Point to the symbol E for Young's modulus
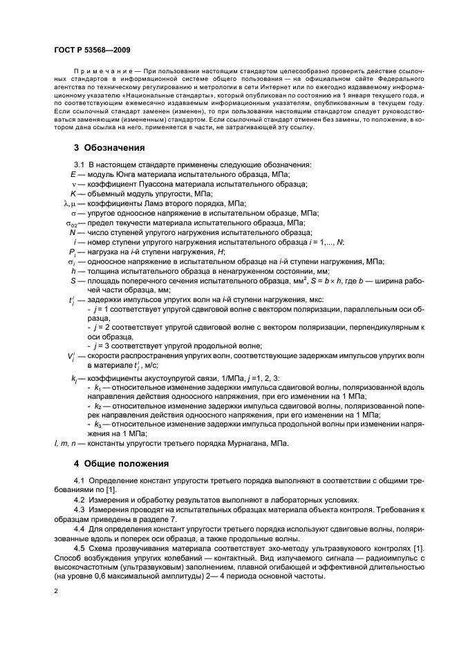73,175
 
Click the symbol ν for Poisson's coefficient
73,185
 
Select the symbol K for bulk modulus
73,194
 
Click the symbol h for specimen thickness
73,272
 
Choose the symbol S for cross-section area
73,281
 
